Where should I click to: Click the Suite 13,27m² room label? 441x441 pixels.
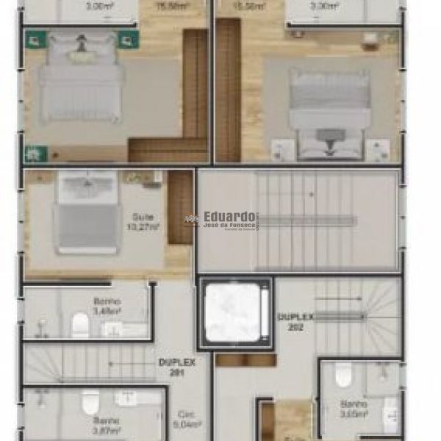141,221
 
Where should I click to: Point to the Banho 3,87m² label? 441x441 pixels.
107,426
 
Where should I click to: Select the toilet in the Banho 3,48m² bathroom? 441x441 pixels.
81,324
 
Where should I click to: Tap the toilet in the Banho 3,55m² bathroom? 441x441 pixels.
343,375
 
